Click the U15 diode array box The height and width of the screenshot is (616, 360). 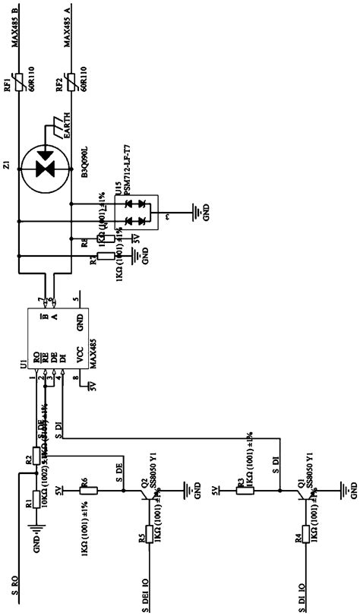point(134,213)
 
